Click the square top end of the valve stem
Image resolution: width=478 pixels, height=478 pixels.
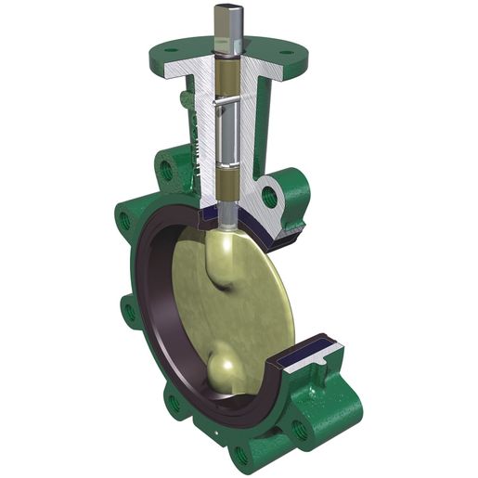(x=226, y=19)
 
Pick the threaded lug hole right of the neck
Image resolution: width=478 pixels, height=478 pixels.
(x=269, y=197)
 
